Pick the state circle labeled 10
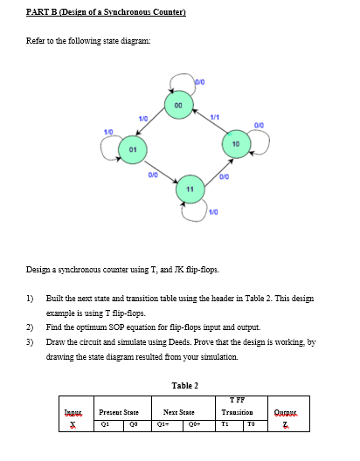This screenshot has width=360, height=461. (x=236, y=142)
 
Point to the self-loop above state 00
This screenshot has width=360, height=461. (x=180, y=83)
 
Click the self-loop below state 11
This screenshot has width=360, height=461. (x=193, y=211)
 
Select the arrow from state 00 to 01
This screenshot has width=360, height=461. (x=154, y=127)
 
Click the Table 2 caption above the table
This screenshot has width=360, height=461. (x=185, y=385)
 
